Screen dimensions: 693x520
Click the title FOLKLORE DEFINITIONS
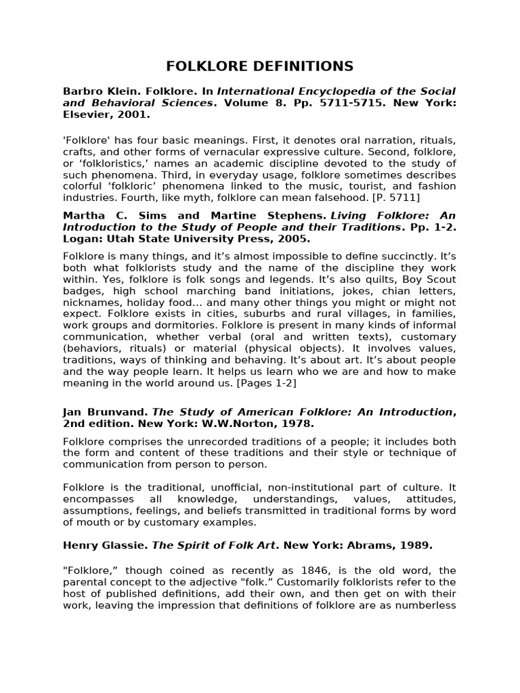pyautogui.click(x=260, y=66)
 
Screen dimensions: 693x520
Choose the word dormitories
pyautogui.click(x=175, y=325)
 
